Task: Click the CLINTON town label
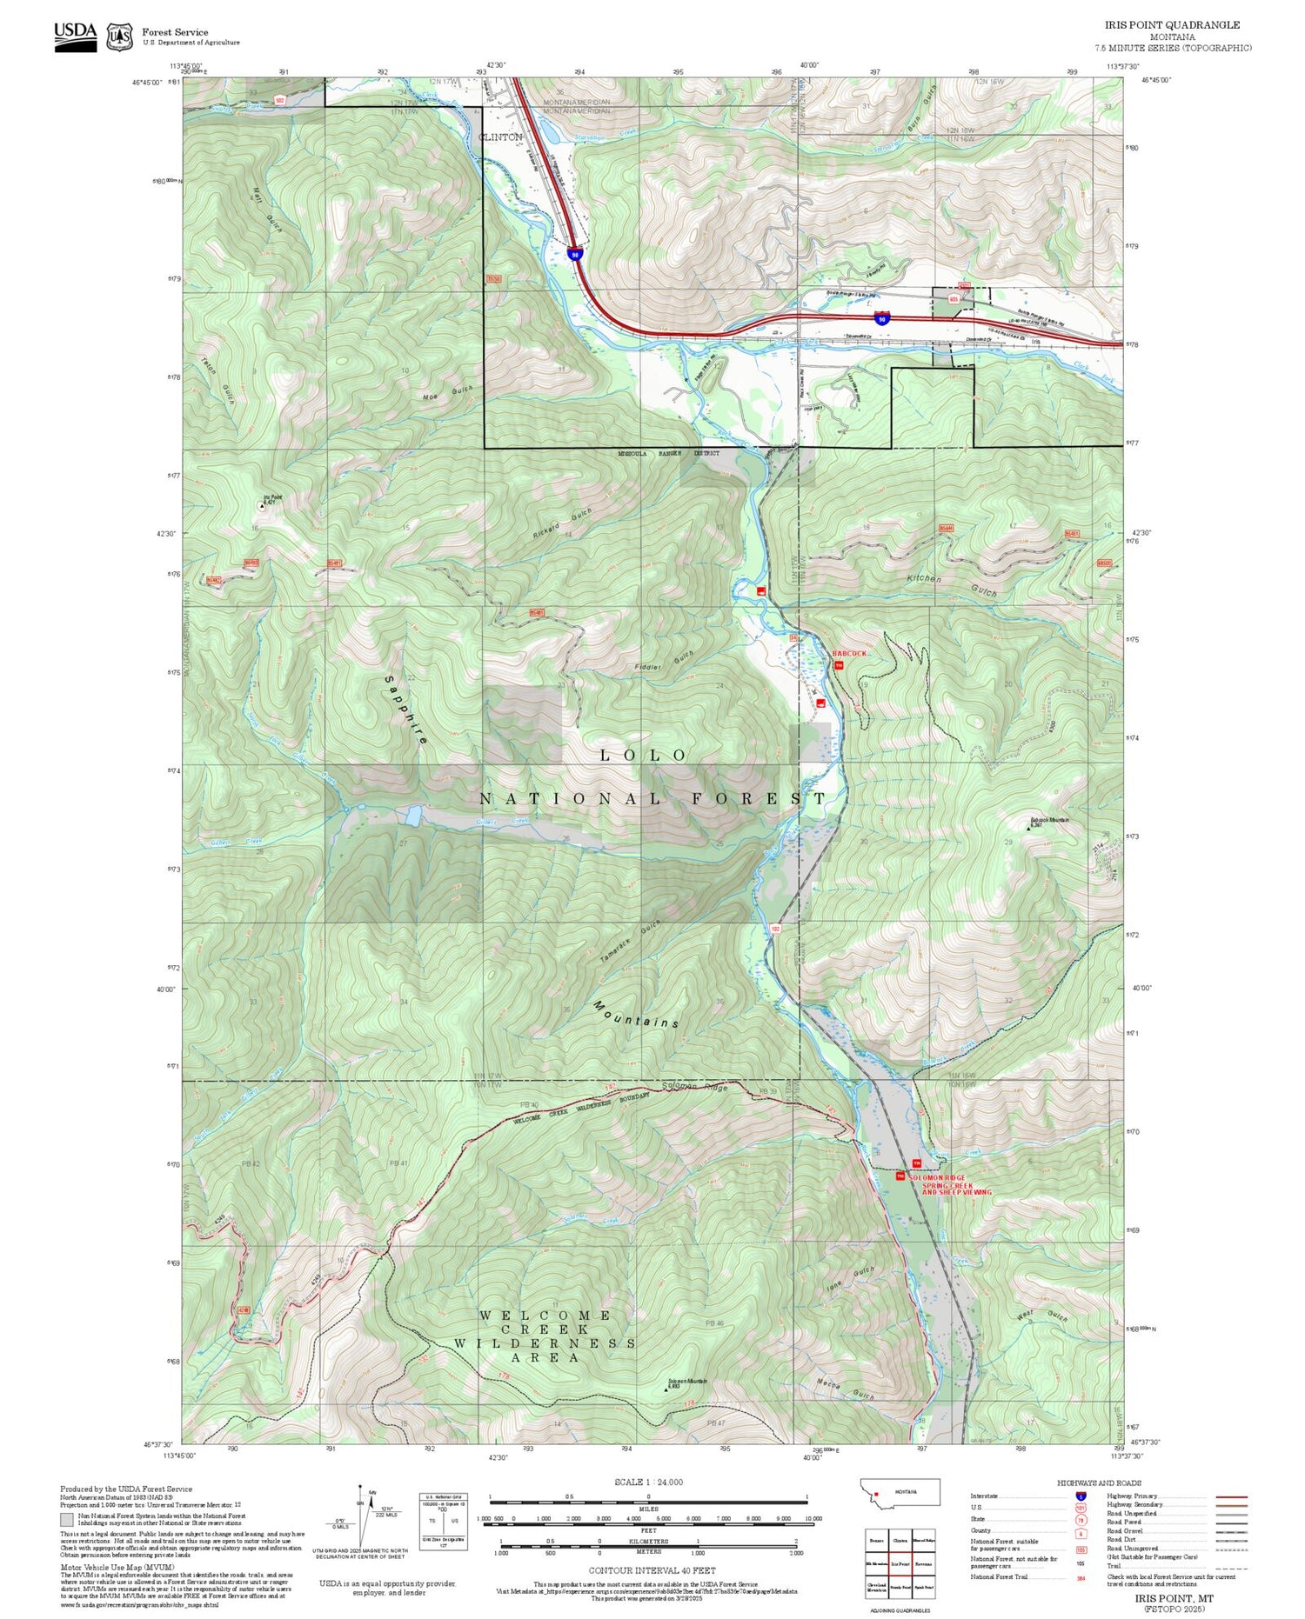pos(501,137)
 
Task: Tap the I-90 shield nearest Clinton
pos(575,253)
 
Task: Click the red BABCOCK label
pos(849,653)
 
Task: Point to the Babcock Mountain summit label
pos(1049,821)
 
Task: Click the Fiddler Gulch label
pos(664,661)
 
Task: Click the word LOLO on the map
pos(644,756)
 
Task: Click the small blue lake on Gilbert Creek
pos(412,815)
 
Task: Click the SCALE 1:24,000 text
pos(648,1482)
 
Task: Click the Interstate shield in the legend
pos(1081,1496)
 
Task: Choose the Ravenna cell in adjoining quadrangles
pos(924,1562)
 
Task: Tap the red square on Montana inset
pos(877,1496)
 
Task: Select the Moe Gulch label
pos(448,392)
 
